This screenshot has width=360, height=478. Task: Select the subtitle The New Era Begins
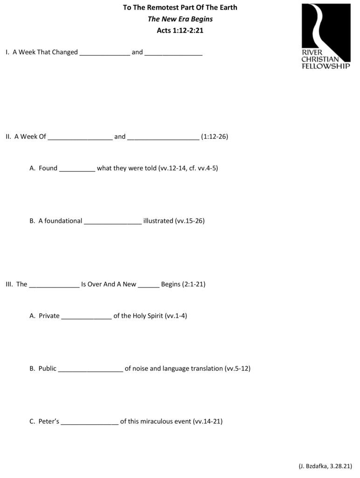click(x=180, y=19)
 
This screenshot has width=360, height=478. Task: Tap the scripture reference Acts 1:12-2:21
click(x=180, y=30)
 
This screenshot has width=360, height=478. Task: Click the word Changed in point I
click(x=65, y=52)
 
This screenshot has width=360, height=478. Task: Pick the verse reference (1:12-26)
click(x=215, y=137)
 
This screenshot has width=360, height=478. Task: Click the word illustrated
click(x=158, y=221)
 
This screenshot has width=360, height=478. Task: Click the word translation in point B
click(x=207, y=369)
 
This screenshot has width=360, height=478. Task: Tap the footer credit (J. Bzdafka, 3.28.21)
click(x=325, y=466)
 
